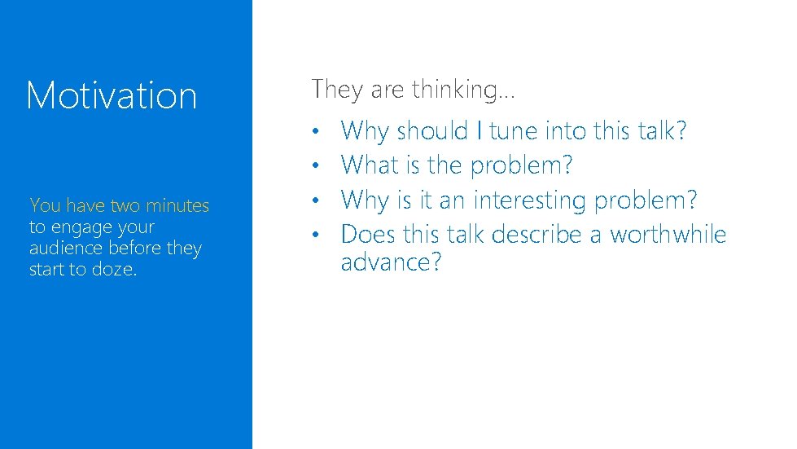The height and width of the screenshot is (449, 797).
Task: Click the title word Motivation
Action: [x=112, y=95]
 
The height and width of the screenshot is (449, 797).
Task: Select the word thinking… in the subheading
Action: [x=463, y=90]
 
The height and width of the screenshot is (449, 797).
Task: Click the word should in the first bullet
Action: [x=432, y=130]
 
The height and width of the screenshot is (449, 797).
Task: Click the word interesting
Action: [x=530, y=200]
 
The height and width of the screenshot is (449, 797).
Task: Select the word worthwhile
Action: [x=668, y=235]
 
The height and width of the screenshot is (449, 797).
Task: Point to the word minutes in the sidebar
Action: [x=177, y=206]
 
